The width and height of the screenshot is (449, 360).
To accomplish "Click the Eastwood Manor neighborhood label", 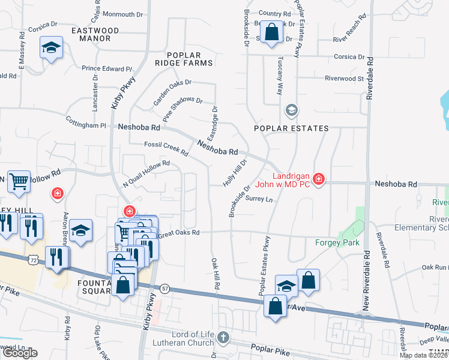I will (x=91, y=34).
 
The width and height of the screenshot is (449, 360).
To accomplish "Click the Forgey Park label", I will (x=337, y=243).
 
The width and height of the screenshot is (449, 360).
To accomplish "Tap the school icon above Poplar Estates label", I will (x=292, y=110).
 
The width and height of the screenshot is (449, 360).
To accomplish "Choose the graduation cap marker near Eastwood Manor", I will (x=52, y=47).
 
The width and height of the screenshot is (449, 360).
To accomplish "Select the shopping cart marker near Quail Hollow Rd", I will (x=19, y=181).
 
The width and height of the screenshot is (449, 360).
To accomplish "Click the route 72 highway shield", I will (x=33, y=259).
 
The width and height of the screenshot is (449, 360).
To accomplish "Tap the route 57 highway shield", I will (x=165, y=289).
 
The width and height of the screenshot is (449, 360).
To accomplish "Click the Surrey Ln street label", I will (x=259, y=200).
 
